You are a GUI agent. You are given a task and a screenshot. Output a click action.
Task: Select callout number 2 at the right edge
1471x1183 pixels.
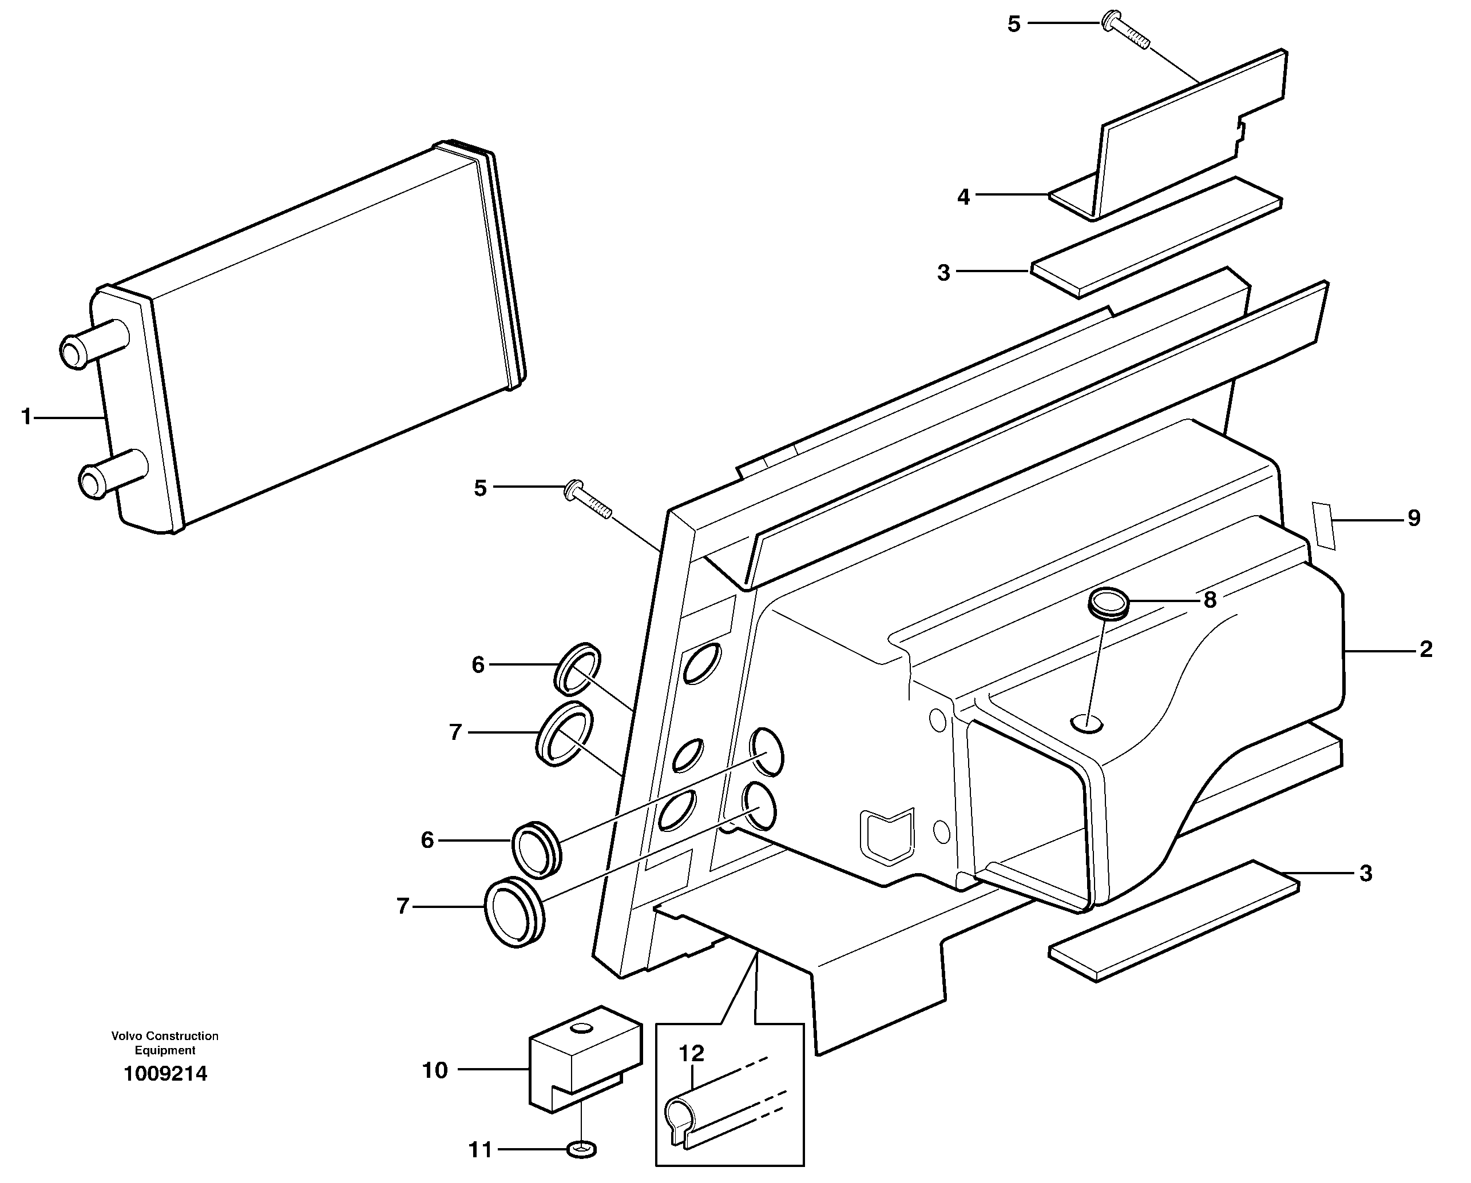point(1425,649)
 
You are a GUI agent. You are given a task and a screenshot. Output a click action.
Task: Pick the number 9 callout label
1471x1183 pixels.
point(1414,518)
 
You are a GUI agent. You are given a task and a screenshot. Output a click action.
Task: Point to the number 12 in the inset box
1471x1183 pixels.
point(691,1053)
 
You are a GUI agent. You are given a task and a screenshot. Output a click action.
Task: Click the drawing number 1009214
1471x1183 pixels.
point(165,1074)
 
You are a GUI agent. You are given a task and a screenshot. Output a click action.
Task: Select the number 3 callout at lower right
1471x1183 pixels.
point(1365,874)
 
